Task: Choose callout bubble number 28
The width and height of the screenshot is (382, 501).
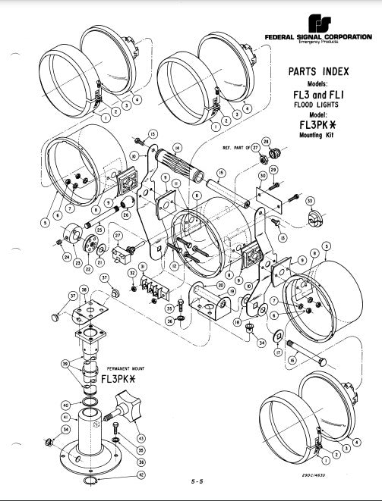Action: coord(266,142)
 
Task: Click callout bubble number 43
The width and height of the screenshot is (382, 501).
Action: coord(142,438)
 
